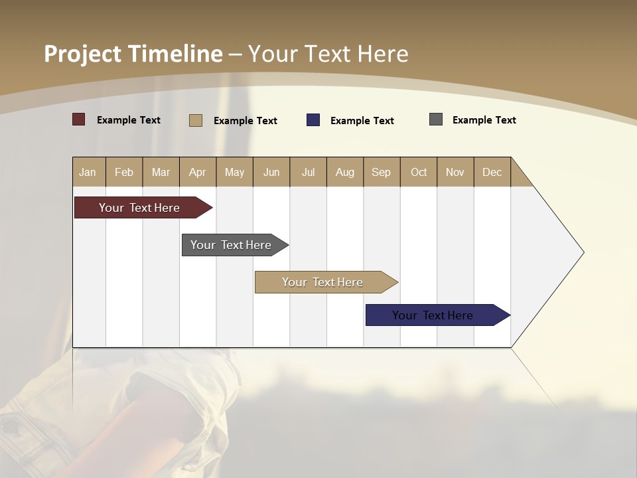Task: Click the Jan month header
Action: point(88,172)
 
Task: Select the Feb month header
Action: point(124,172)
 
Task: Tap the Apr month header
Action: point(198,172)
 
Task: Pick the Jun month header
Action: point(271,172)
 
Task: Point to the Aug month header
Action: point(345,172)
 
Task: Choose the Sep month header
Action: point(382,172)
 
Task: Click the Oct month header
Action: point(419,172)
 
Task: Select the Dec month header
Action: point(492,172)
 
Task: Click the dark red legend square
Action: point(79,119)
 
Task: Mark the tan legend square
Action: point(196,120)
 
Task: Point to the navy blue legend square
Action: point(313,120)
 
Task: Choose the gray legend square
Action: point(436,119)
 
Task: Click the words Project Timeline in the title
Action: point(133,54)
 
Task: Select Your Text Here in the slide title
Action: point(328,54)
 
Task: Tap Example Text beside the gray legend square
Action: point(484,120)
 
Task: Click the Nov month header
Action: point(455,172)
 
